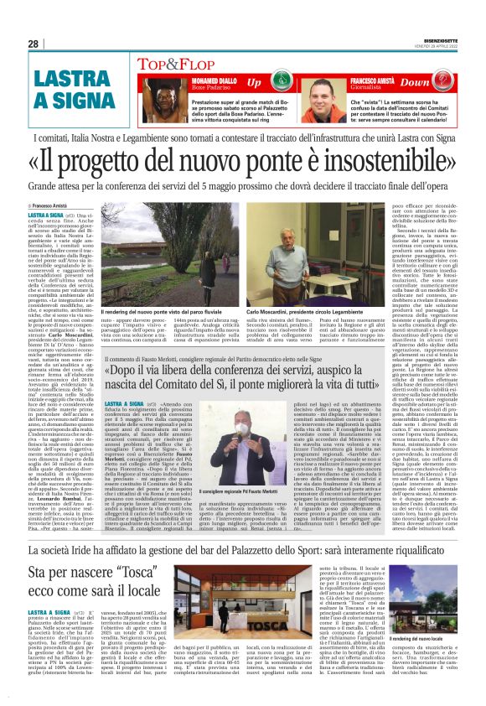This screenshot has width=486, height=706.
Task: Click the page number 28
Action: click(x=34, y=44)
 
